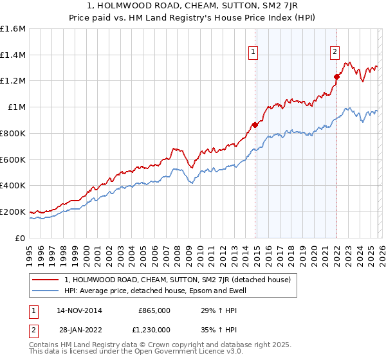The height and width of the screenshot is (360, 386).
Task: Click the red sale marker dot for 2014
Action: click(x=255, y=125)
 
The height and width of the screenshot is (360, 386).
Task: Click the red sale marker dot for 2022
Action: click(x=336, y=77)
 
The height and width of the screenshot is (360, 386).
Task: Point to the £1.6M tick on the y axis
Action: click(x=13, y=29)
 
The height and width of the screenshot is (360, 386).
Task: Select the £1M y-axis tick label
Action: click(x=16, y=107)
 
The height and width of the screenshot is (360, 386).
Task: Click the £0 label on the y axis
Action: click(x=21, y=238)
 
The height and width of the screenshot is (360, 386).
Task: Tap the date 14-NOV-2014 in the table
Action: click(x=79, y=310)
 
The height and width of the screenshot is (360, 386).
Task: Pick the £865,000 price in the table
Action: click(x=154, y=310)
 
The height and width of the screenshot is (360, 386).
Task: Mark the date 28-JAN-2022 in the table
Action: click(x=79, y=329)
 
